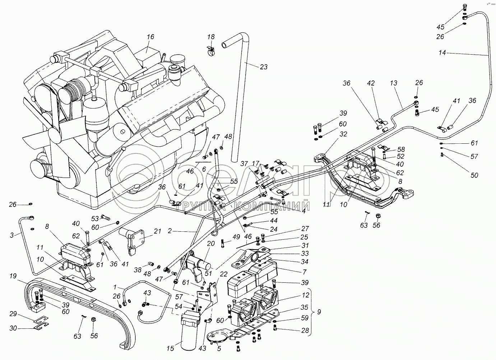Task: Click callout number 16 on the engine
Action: (150, 37)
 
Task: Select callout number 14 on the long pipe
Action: (442, 52)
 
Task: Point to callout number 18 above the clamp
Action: (211, 37)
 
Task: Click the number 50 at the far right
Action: (474, 175)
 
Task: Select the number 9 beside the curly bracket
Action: (319, 312)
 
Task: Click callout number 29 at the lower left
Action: (13, 314)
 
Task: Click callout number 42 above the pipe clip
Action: (371, 83)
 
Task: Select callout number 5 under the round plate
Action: (219, 348)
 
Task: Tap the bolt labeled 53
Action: (106, 217)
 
